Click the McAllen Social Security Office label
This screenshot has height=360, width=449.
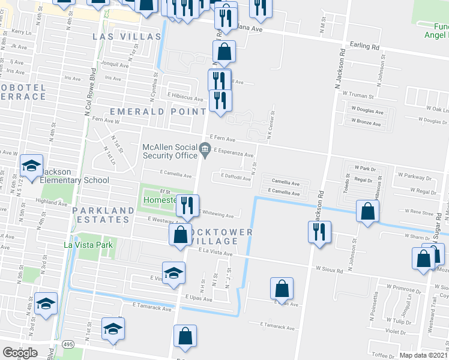169,152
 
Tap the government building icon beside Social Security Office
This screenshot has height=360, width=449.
205,148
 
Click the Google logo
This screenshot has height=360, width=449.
20,353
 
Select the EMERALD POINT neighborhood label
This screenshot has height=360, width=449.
158,112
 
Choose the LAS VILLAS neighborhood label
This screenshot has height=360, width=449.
127,37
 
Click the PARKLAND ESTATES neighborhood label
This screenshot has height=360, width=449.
103,215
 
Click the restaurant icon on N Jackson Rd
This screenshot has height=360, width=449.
320,232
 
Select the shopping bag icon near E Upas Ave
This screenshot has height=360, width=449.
282,289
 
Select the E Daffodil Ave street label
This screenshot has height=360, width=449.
236,178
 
